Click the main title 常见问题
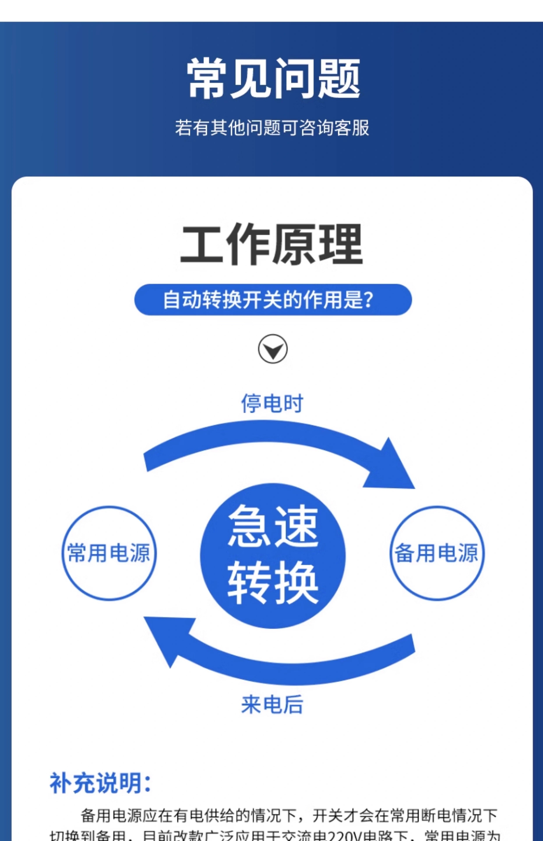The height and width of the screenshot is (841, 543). [x=273, y=78]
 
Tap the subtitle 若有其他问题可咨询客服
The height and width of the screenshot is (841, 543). [x=272, y=128]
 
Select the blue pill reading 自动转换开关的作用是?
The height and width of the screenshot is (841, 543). [x=273, y=300]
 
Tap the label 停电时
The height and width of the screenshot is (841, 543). [x=272, y=403]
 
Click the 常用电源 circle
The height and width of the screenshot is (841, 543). [x=109, y=553]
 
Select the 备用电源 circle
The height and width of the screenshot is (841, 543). [x=437, y=553]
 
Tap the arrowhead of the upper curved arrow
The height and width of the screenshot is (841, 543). [x=391, y=469]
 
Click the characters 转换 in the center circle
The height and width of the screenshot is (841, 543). [x=273, y=583]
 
